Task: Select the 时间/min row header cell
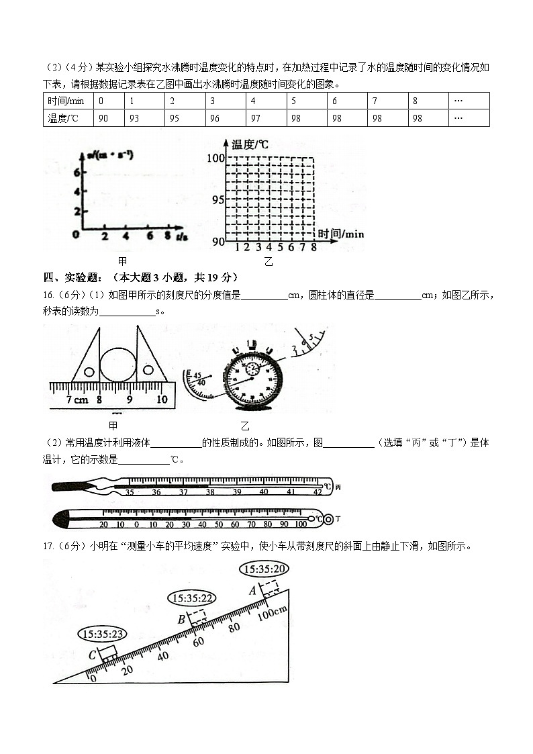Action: tap(66, 101)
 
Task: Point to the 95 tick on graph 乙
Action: tap(216, 199)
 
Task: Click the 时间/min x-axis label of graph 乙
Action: tap(341, 234)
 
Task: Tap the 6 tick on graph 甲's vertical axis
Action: tap(77, 172)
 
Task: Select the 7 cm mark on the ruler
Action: tap(68, 399)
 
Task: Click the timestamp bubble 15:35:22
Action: tap(193, 598)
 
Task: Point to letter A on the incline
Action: tap(252, 590)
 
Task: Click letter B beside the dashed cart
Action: tap(181, 619)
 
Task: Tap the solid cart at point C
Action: tap(109, 653)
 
